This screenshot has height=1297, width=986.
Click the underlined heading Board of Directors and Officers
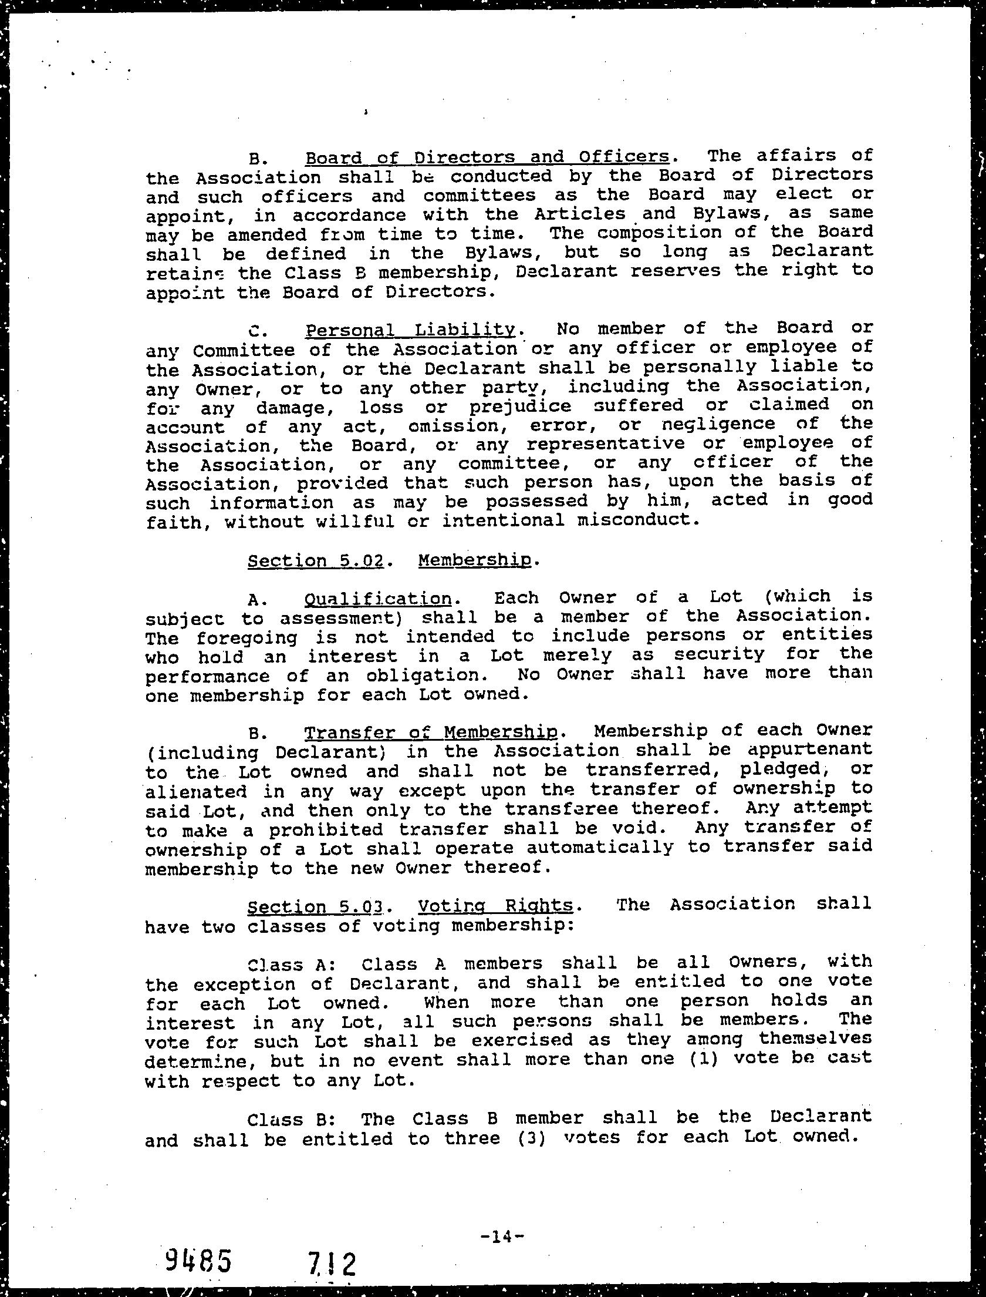pos(487,157)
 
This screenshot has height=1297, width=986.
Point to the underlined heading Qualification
pos(378,599)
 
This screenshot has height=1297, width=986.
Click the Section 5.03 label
pos(316,907)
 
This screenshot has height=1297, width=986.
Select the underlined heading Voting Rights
pos(495,906)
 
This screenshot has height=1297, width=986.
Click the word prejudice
pos(520,406)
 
